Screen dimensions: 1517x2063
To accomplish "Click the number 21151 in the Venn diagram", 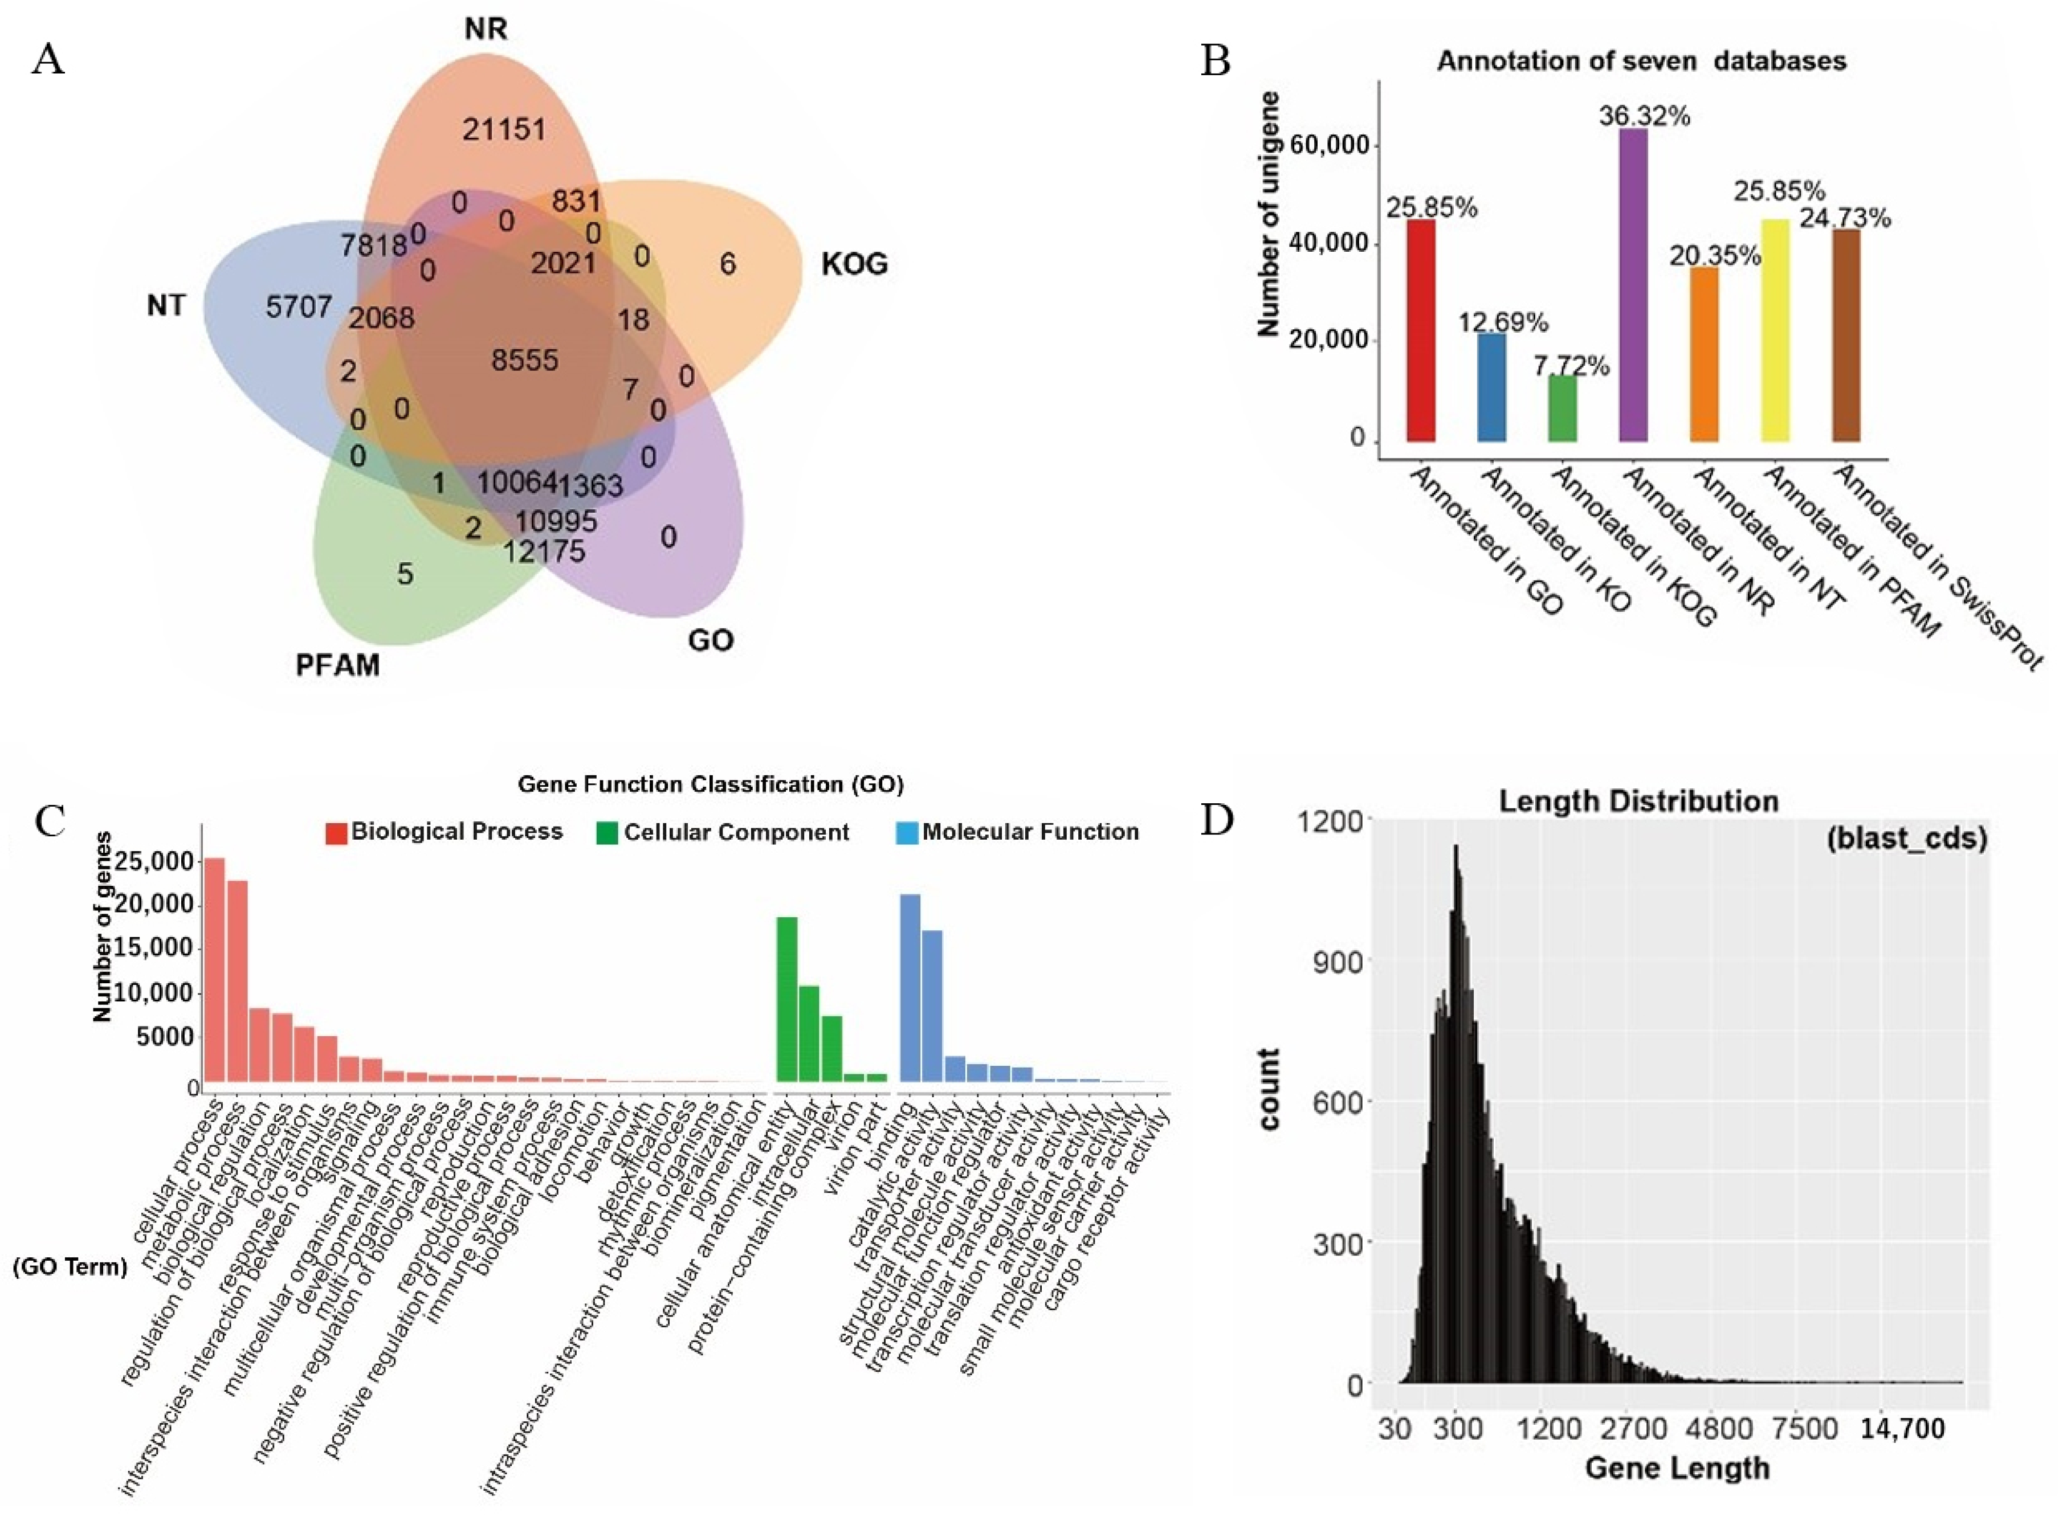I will click(503, 129).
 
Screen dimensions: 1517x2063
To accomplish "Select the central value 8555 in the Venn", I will click(524, 360).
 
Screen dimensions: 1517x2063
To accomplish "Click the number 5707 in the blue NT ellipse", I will click(299, 306).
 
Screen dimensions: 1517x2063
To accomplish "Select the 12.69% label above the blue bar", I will click(1503, 322).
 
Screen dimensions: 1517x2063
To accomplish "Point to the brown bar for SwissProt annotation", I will click(1845, 335).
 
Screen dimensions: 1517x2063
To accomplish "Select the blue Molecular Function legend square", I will click(906, 833).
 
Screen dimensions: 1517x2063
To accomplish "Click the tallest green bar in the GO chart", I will click(786, 999).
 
